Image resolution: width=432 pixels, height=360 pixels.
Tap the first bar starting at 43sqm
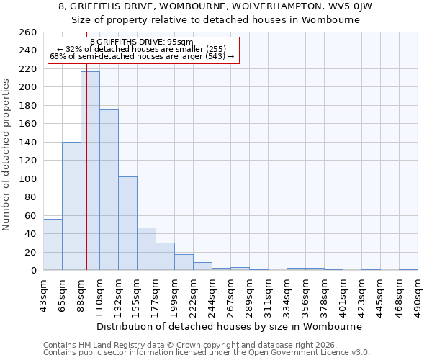(53, 245)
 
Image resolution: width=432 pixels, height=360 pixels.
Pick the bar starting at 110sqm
(109, 190)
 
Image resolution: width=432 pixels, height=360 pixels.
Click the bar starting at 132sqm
(127, 223)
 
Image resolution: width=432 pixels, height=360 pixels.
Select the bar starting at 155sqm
(146, 249)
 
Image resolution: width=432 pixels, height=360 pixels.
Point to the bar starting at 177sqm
(165, 256)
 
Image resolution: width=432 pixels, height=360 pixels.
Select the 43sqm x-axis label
(43, 294)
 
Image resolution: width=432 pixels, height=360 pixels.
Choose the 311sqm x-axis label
(268, 294)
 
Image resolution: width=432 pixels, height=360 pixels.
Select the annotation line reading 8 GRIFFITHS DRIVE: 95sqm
(142, 42)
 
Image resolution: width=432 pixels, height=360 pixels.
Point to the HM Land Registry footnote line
(194, 345)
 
